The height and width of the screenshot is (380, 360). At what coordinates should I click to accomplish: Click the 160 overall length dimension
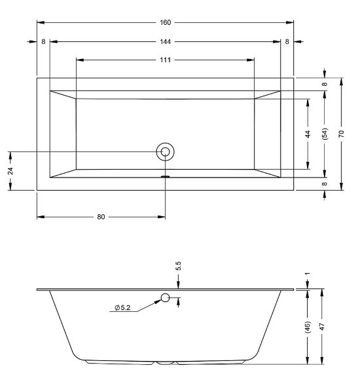[x=165, y=23]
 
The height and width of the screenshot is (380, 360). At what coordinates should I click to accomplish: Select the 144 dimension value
[x=165, y=41]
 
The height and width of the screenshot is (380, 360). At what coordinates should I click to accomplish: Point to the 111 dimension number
[x=165, y=60]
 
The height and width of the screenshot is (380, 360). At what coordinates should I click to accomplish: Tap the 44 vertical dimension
[x=308, y=134]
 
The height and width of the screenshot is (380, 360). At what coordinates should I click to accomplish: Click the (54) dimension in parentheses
[x=325, y=134]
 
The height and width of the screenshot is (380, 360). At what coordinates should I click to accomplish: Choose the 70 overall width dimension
[x=341, y=134]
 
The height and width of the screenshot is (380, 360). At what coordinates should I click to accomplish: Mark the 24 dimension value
[x=10, y=170]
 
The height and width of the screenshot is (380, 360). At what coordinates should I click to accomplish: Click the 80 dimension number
[x=101, y=217]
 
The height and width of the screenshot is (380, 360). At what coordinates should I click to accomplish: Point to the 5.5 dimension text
[x=178, y=267]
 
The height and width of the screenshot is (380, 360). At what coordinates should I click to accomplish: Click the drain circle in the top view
[x=165, y=152]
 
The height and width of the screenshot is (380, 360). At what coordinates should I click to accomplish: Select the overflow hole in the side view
[x=166, y=299]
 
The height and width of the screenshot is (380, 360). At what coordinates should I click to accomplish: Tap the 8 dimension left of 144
[x=43, y=41]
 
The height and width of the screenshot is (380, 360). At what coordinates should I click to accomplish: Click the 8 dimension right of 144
[x=287, y=41]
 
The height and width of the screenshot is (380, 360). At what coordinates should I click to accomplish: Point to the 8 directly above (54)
[x=325, y=84]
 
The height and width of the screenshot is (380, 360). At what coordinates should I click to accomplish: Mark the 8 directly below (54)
[x=325, y=184]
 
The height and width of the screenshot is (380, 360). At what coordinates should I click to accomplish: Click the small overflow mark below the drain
[x=166, y=176]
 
